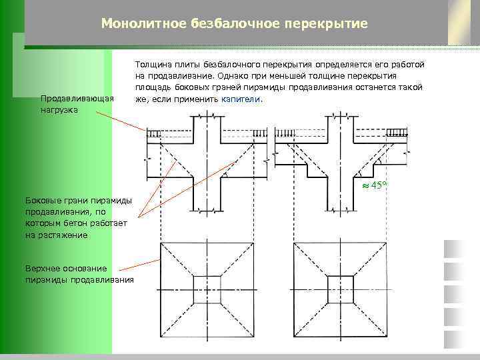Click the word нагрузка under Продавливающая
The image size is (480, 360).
pyautogui.click(x=59, y=110)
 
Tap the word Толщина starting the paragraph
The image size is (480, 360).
pyautogui.click(x=151, y=65)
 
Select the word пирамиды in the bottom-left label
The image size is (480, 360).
pyautogui.click(x=45, y=279)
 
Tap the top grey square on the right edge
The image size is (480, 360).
pyautogui.click(x=455, y=249)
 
